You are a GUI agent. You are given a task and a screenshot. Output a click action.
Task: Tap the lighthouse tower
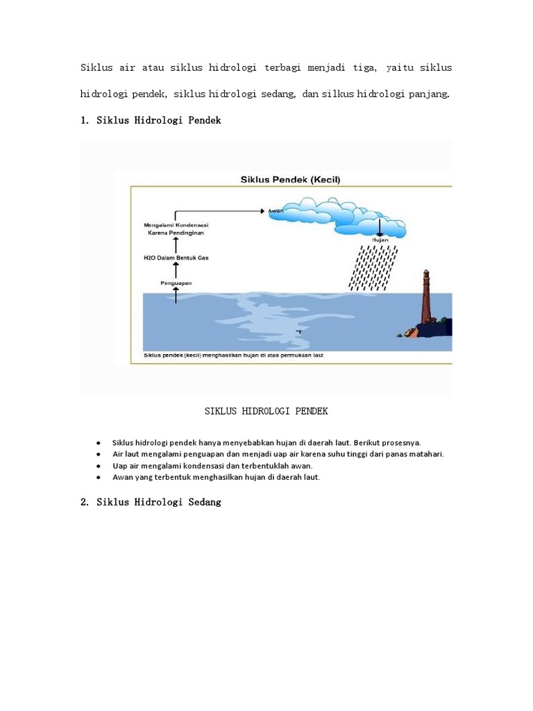425,297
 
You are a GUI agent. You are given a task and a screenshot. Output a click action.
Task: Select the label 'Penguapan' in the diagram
176,283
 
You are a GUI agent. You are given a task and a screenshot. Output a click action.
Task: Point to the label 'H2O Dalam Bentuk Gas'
176,258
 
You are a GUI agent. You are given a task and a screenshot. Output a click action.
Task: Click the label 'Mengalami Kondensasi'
176,225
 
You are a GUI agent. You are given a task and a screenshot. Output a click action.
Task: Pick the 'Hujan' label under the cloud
380,240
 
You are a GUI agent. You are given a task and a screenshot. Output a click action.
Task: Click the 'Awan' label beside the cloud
276,210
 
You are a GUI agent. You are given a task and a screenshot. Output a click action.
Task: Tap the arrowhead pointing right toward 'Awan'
261,210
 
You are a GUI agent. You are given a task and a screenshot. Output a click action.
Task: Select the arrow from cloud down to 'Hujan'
380,228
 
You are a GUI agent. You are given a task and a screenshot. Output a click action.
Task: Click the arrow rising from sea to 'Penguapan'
176,296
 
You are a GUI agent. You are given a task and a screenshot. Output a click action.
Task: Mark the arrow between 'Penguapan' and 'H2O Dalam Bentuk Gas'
176,270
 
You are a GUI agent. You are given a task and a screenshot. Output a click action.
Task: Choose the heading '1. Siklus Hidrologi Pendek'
151,120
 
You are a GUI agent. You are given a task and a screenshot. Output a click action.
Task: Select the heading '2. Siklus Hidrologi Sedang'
151,502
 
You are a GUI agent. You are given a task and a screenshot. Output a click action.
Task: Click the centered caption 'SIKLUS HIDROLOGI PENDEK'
266,411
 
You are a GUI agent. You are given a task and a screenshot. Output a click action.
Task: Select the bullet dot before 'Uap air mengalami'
99,466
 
